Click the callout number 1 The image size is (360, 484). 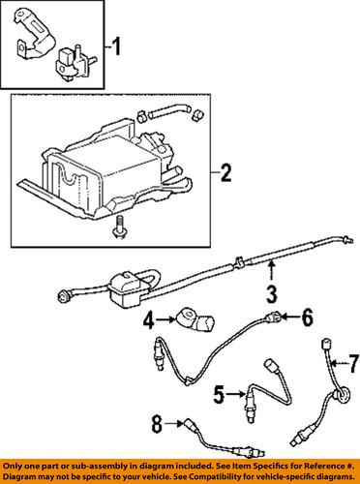coord(117,45)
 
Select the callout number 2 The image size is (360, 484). coord(225,174)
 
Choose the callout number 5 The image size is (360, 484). coord(220,393)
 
